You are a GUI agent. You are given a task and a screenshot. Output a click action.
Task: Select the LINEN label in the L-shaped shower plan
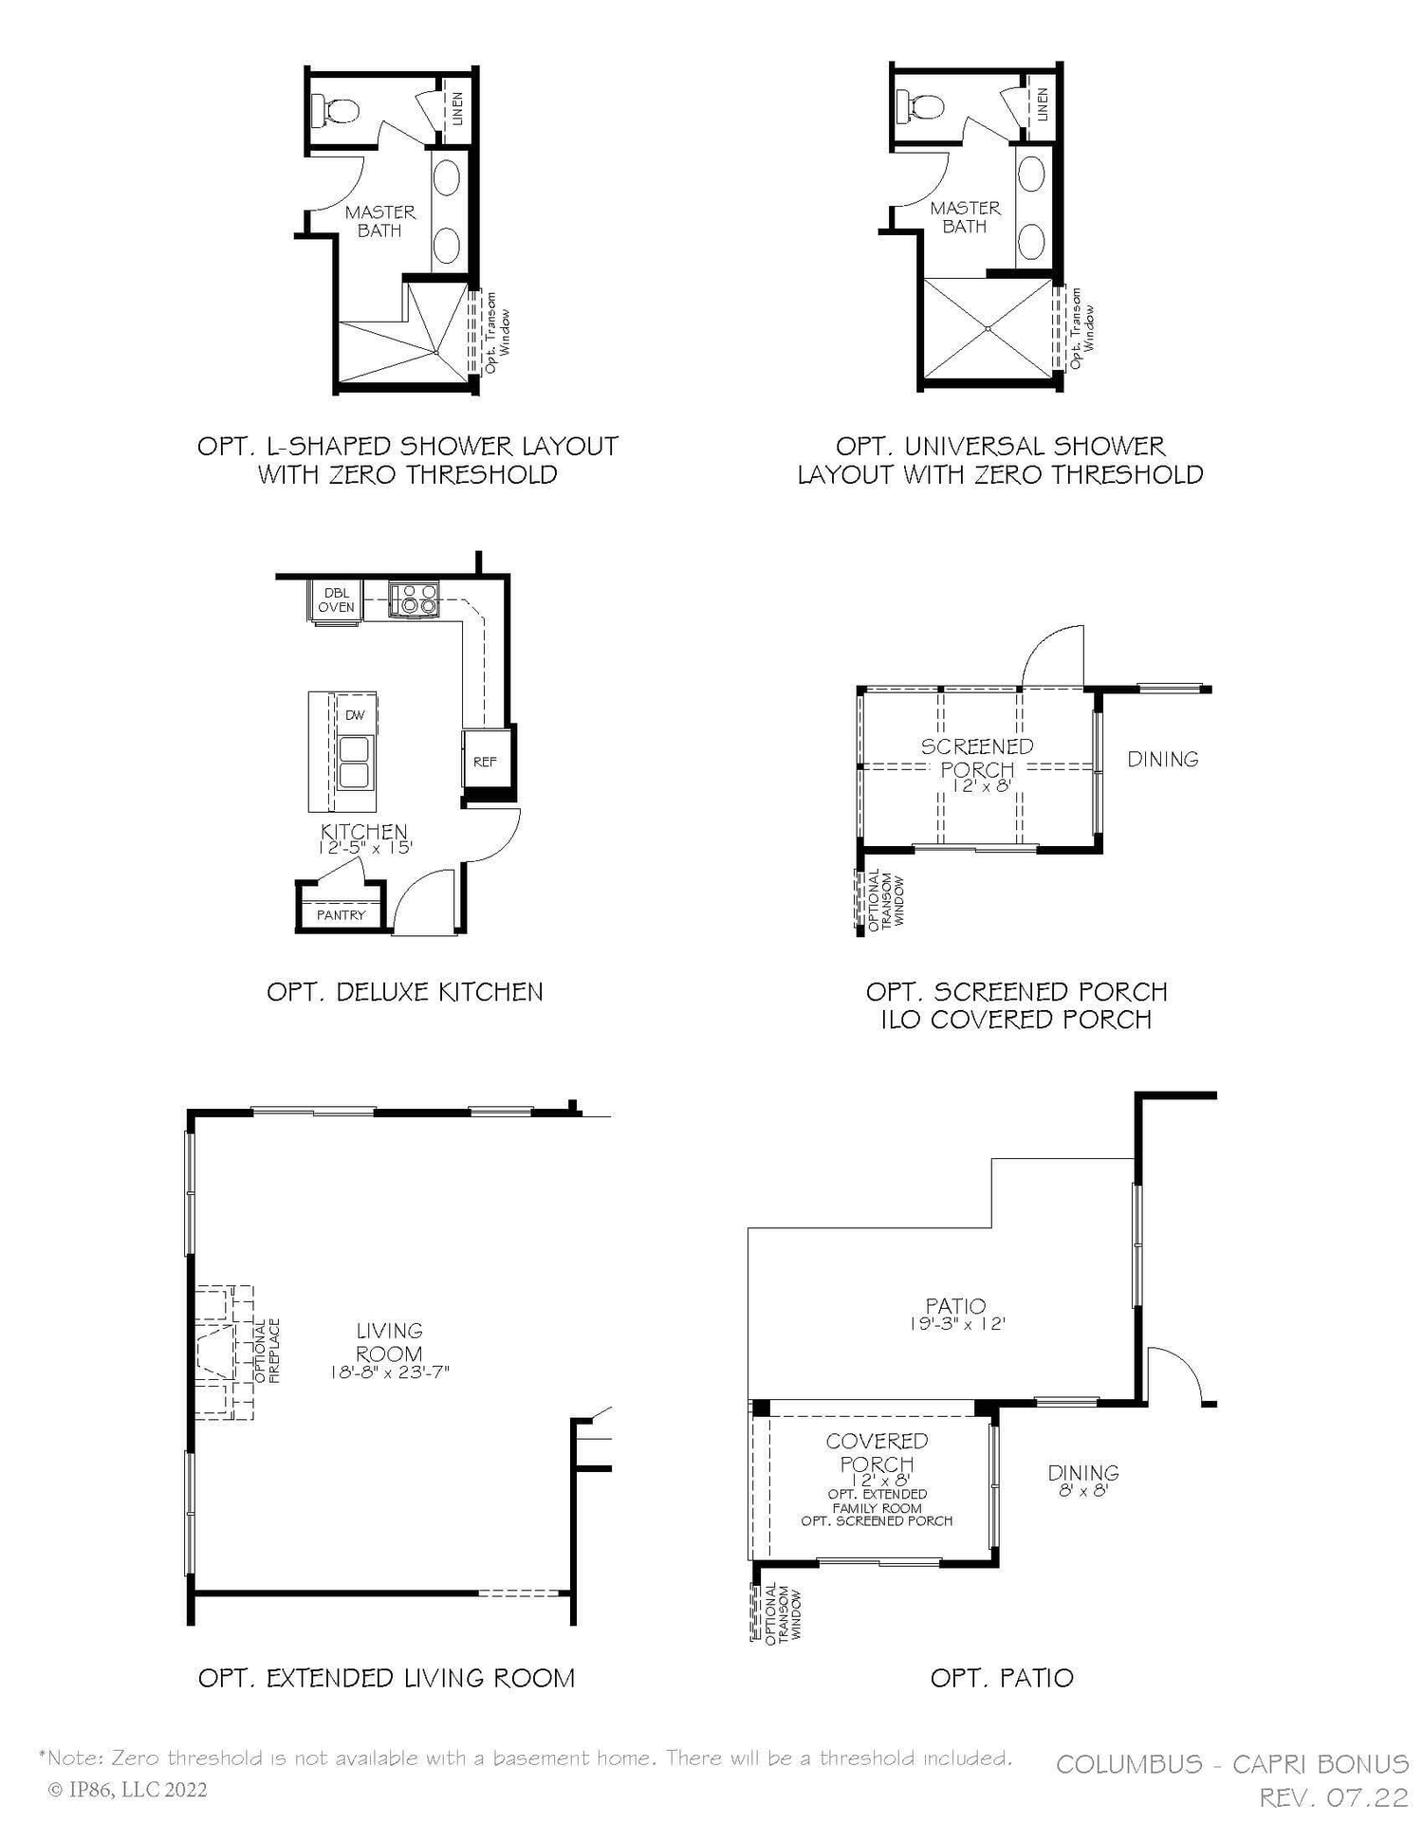457,108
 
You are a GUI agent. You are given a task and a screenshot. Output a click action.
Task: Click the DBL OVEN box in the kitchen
336,600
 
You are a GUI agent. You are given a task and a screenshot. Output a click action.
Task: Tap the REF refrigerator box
485,761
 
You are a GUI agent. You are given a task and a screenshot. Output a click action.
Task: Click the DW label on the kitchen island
354,715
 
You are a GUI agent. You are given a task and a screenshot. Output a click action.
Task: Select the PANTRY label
341,914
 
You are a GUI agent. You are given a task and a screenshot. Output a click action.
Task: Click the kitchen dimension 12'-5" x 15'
364,848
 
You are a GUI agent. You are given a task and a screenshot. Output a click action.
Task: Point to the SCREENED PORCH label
977,757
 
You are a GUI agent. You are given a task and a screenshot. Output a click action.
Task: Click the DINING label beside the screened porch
1162,759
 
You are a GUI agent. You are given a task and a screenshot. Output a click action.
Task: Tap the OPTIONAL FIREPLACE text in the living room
267,1350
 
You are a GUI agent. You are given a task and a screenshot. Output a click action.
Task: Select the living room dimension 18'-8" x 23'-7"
389,1372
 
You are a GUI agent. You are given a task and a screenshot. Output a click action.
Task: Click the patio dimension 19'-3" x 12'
956,1324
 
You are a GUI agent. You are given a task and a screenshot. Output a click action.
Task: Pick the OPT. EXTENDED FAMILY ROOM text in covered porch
877,1500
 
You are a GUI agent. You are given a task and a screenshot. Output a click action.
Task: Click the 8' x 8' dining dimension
1083,1491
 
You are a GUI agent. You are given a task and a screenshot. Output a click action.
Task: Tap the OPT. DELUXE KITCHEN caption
405,992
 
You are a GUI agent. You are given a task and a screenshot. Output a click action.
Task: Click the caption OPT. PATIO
1002,1678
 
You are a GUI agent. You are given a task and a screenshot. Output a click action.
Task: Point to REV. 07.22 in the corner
1333,1797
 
